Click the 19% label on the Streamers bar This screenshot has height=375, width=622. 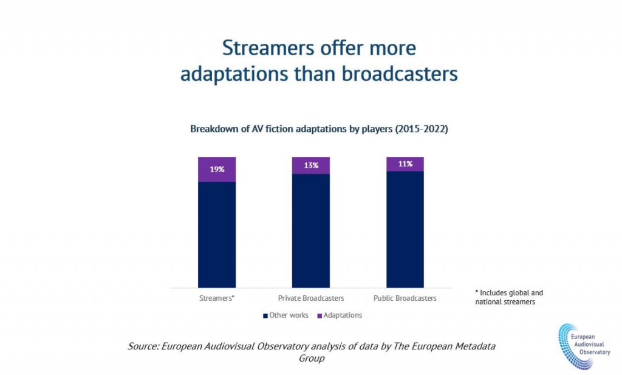point(217,170)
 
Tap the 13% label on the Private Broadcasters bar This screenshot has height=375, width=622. point(311,165)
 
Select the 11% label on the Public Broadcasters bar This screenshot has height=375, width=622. point(405,164)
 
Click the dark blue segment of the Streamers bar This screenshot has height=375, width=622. point(217,234)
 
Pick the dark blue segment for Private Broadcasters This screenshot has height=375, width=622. point(311,230)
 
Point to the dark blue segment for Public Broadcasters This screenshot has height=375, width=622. point(405,229)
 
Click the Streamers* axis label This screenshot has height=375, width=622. point(217,298)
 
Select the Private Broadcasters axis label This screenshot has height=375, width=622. point(311,298)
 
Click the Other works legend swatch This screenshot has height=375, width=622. point(265,315)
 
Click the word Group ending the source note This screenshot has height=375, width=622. point(311,359)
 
